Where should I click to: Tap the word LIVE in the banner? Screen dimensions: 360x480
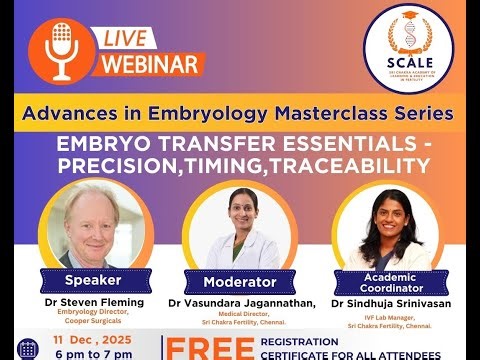coord(128,37)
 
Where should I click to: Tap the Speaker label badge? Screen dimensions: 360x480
coord(92,279)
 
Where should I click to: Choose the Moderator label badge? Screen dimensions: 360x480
coord(239,281)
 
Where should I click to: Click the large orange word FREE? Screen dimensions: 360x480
coord(209,349)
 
